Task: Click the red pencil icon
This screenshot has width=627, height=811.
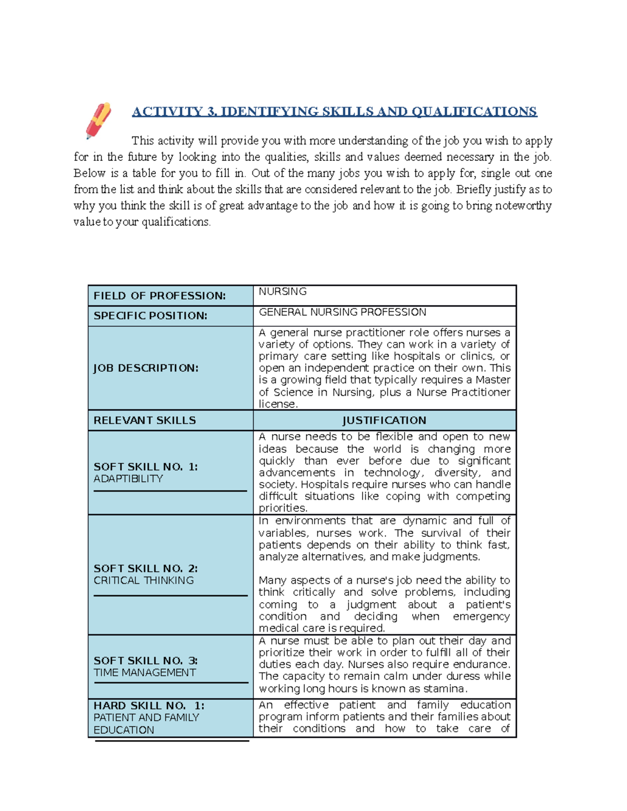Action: [98, 121]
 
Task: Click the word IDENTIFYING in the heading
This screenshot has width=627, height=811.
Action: [269, 112]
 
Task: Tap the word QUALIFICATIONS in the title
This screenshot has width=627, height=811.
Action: [474, 112]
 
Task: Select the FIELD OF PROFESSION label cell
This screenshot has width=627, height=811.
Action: [159, 296]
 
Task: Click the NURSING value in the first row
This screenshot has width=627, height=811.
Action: [283, 291]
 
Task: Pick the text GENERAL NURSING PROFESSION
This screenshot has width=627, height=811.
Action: [342, 312]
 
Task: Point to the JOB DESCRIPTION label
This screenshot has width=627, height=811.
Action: [146, 368]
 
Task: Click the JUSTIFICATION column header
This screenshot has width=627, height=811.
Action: [384, 420]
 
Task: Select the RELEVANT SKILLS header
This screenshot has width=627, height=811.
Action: [145, 420]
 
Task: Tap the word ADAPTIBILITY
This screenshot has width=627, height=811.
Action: [129, 479]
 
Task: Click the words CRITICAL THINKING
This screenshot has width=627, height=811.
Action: [144, 581]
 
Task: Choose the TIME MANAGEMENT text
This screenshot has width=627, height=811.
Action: [145, 673]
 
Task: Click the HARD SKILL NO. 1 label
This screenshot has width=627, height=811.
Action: [149, 706]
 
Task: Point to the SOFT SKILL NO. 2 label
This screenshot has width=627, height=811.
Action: [146, 569]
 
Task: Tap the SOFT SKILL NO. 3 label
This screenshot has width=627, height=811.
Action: [146, 661]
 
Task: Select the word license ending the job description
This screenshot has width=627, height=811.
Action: [277, 404]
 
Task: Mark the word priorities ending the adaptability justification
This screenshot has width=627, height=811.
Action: [283, 508]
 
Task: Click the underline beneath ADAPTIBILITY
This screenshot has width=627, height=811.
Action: [170, 491]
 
